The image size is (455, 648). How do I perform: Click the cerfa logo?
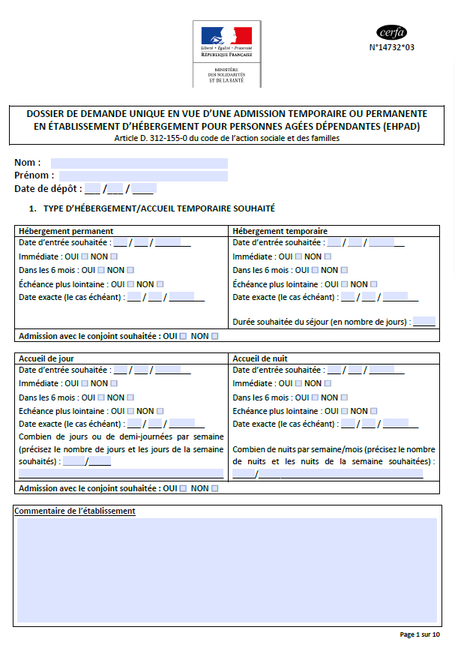(391, 32)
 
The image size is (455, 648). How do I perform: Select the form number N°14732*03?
(391, 47)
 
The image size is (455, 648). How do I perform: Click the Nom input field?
(139, 163)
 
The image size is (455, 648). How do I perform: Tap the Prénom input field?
(143, 176)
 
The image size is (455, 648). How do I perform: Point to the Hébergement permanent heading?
(66, 231)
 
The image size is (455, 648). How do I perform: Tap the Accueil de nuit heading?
(260, 358)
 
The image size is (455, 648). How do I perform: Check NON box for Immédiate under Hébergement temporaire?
(328, 256)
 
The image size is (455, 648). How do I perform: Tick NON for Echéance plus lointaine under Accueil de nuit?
(373, 411)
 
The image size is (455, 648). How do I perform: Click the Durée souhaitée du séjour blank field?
(424, 322)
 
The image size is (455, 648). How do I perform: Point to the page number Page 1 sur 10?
(420, 634)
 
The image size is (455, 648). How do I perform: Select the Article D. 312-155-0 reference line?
(226, 138)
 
